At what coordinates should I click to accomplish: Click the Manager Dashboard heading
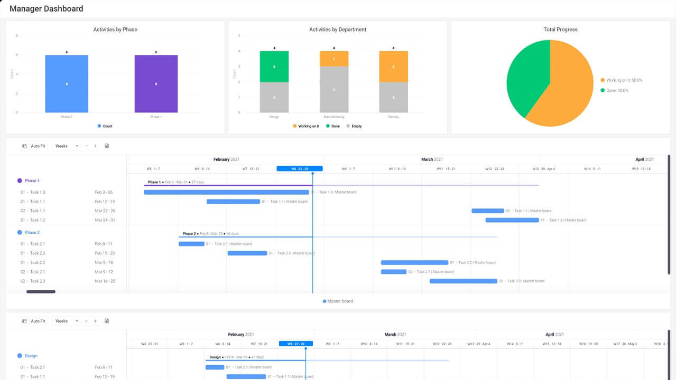pyautogui.click(x=47, y=9)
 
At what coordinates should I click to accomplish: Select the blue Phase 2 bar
pyautogui.click(x=67, y=83)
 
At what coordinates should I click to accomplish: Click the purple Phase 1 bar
pyautogui.click(x=156, y=83)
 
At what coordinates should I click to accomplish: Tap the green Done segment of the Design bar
pyautogui.click(x=274, y=66)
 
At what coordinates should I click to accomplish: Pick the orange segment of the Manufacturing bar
pyautogui.click(x=334, y=59)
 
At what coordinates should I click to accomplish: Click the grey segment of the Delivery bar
pyautogui.click(x=393, y=97)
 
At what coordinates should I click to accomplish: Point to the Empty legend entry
pyautogui.click(x=354, y=127)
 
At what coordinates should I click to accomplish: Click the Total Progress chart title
pyautogui.click(x=560, y=30)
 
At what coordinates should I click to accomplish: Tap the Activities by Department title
pyautogui.click(x=337, y=30)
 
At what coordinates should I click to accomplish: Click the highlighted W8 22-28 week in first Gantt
pyautogui.click(x=299, y=169)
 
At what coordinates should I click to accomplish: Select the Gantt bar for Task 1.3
pyautogui.click(x=226, y=192)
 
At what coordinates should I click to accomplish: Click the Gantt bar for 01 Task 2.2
pyautogui.click(x=414, y=262)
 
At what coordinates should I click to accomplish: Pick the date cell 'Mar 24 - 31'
pyautogui.click(x=105, y=220)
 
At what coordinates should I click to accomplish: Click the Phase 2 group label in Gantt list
pyautogui.click(x=32, y=232)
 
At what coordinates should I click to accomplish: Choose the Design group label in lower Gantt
pyautogui.click(x=31, y=356)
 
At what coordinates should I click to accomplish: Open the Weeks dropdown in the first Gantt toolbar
pyautogui.click(x=67, y=146)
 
